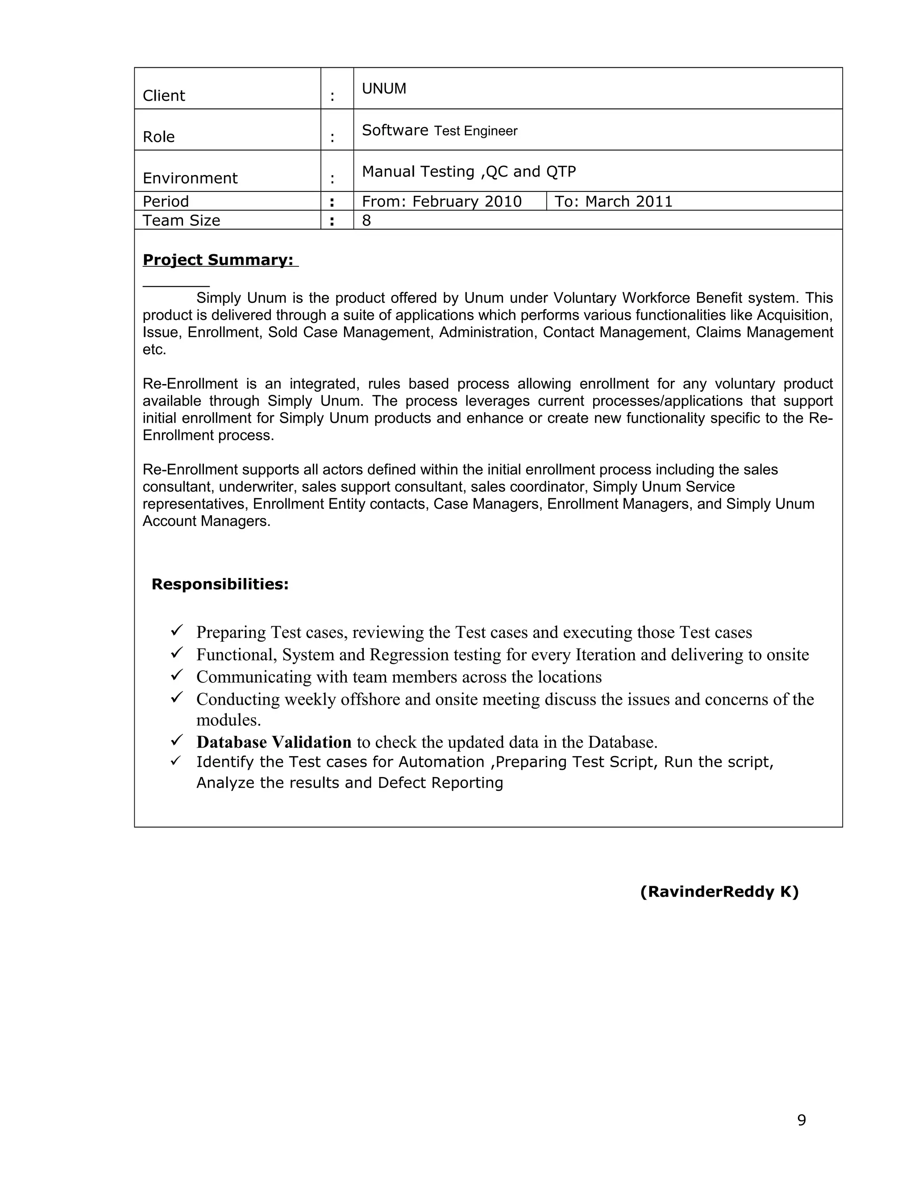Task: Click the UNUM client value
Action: [x=384, y=89]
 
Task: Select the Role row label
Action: [x=158, y=137]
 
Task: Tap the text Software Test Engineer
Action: [x=439, y=130]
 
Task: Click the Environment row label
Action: [x=190, y=178]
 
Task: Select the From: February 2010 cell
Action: [x=441, y=201]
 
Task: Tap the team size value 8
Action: [x=366, y=220]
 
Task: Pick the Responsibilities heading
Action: [x=220, y=584]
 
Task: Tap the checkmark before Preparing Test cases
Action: [x=177, y=631]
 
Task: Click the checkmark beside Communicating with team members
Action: [x=177, y=675]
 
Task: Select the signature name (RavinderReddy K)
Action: [x=719, y=892]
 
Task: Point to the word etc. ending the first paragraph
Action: [x=154, y=350]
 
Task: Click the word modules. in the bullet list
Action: [x=228, y=720]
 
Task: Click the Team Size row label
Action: [x=181, y=220]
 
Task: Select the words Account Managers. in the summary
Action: [x=206, y=521]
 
